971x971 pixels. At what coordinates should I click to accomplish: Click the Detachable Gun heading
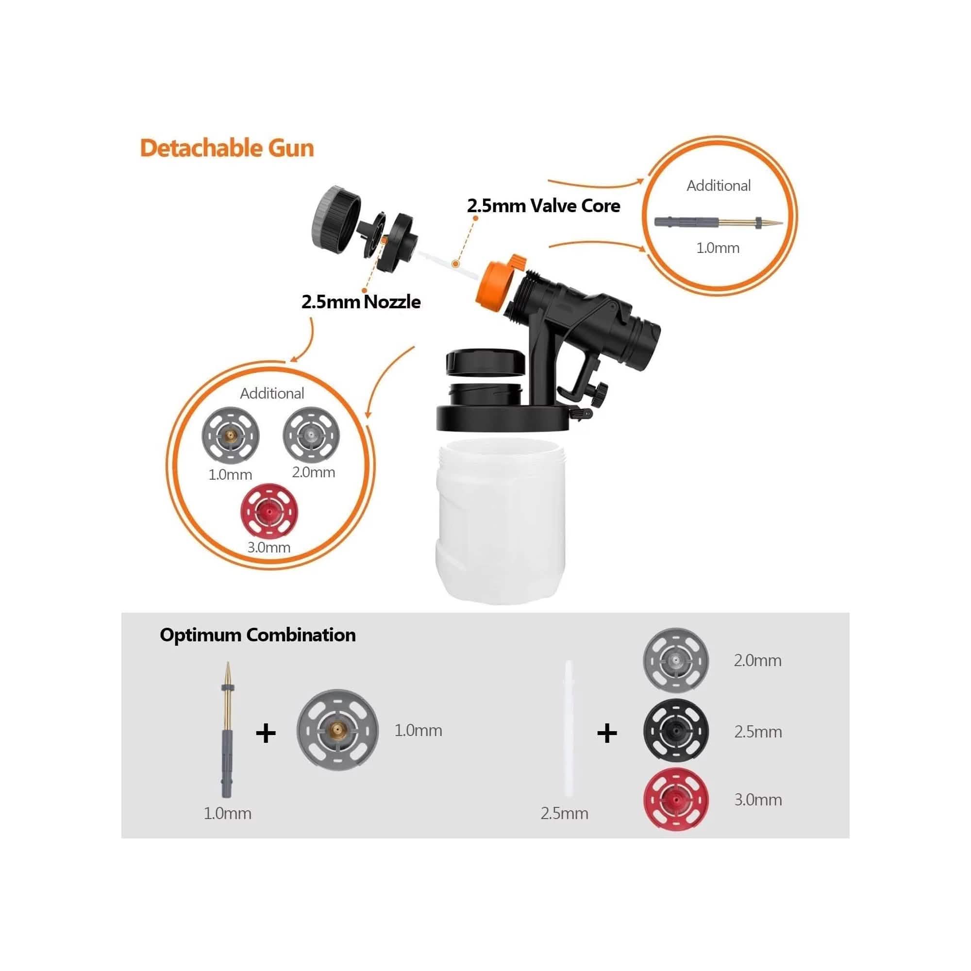227,148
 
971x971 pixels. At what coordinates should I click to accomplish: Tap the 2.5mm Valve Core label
543,205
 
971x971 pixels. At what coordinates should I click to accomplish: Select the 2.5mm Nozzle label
361,301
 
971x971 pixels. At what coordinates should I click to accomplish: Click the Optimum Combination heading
257,635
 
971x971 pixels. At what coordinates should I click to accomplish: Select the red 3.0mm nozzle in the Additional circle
269,512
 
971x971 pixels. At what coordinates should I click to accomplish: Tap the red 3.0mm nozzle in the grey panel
676,799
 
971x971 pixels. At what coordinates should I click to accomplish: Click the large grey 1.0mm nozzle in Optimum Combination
337,730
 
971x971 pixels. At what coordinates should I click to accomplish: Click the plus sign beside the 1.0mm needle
266,733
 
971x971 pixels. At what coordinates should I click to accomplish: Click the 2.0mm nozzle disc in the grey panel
676,660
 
